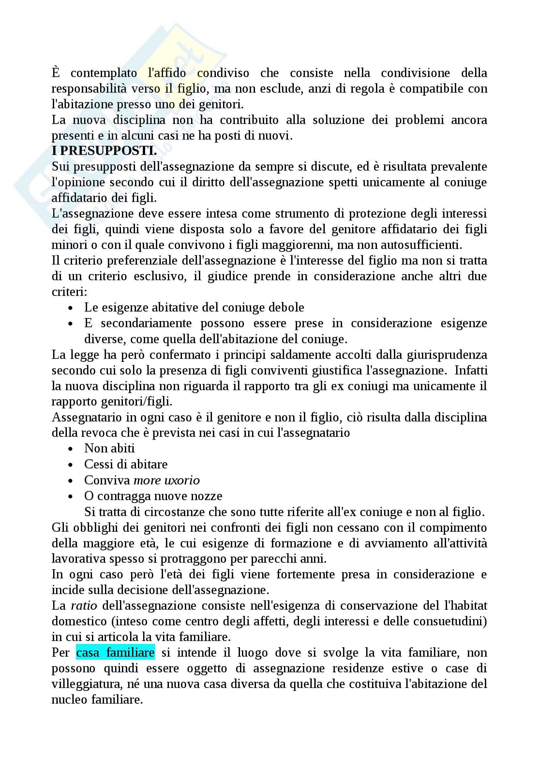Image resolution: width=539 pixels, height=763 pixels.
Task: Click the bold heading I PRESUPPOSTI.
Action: pos(104,151)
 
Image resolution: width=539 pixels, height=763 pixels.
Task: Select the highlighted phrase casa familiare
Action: pos(115,653)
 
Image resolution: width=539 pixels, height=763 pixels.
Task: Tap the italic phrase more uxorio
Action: pos(166,480)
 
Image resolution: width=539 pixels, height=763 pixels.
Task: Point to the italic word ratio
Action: pos(84,605)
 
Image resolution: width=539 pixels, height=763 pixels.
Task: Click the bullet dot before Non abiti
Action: pos(70,449)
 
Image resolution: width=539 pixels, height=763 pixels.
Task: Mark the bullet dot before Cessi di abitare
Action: pos(70,465)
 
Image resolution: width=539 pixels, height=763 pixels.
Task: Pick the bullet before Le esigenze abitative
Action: pos(70,308)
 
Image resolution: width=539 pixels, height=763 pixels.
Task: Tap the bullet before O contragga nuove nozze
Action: pos(70,497)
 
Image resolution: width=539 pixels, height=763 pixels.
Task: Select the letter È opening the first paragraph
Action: pos(56,72)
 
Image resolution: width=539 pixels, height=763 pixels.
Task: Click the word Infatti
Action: pos(471,371)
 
